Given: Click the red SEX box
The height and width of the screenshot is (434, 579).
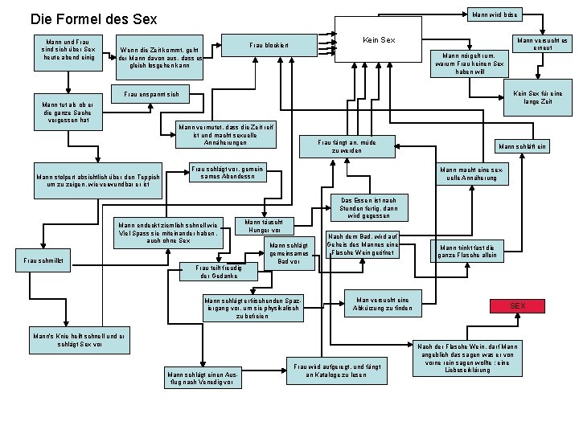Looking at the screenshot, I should click(518, 306).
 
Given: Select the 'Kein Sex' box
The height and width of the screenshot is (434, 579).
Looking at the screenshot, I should click(379, 39).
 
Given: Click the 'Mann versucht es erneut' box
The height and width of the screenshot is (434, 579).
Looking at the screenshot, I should click(541, 43).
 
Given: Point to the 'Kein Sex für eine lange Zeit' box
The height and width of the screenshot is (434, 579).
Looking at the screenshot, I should click(535, 100).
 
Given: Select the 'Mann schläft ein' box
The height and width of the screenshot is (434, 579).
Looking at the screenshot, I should click(523, 146).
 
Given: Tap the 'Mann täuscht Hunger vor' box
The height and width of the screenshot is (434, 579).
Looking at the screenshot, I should click(263, 225).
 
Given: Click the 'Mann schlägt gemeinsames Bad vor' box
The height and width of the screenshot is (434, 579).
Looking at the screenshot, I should click(288, 253).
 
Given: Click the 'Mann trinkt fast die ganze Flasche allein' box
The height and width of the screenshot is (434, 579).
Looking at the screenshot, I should click(468, 250).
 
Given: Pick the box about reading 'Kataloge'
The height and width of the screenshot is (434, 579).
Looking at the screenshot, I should click(337, 371).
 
